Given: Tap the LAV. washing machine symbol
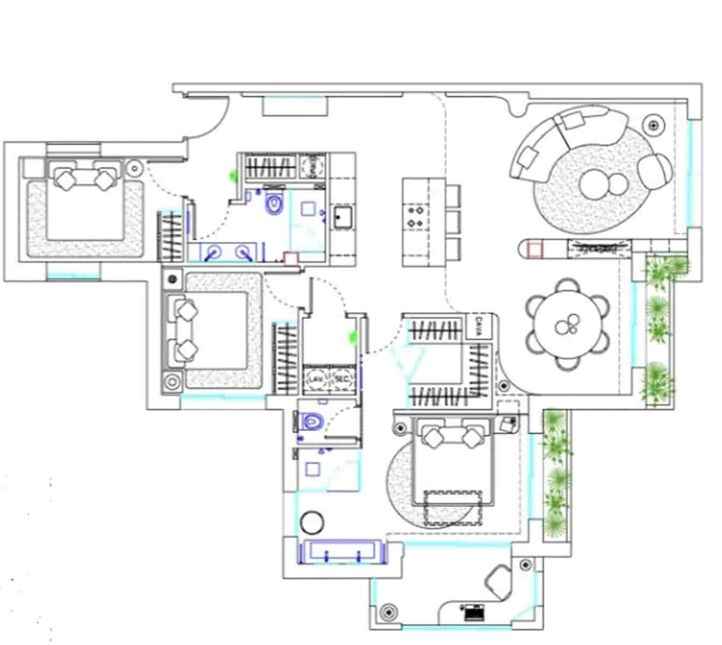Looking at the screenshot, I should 315,379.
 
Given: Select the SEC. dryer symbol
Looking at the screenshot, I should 342,379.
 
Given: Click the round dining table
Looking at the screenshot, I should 569,324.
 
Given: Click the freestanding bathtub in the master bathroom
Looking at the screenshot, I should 342,553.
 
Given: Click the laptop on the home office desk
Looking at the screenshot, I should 473,612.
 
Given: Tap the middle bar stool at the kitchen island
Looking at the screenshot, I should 453,220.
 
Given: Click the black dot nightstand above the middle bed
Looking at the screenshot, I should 173,279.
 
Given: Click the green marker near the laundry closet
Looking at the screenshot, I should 353,337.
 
